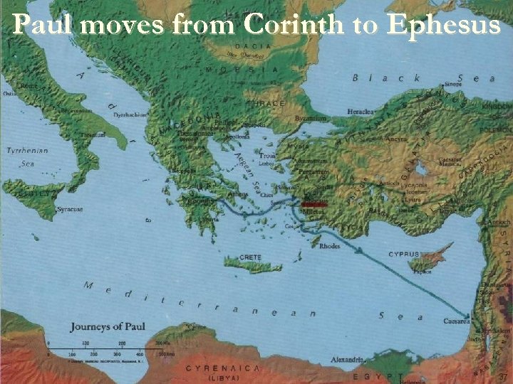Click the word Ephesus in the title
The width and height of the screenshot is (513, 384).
[x=442, y=26]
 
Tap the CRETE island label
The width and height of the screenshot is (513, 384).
[x=250, y=257]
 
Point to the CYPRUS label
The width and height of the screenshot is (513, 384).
[x=403, y=254]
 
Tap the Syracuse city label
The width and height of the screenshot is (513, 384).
[x=70, y=209]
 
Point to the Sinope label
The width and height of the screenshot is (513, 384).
[x=452, y=84]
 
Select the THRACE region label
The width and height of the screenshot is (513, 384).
[x=266, y=104]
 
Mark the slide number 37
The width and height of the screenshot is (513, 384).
[x=502, y=376]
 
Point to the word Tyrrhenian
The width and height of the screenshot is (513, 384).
[x=27, y=151]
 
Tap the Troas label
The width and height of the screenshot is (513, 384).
[x=268, y=154]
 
